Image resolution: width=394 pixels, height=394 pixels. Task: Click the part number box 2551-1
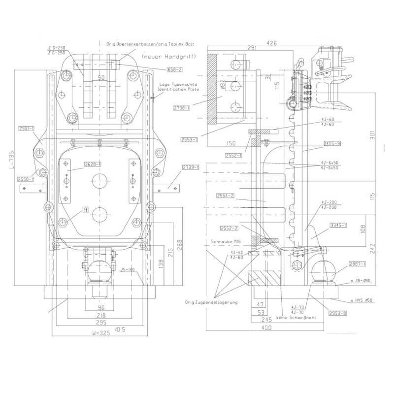(x=25, y=129)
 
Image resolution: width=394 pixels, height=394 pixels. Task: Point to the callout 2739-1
(x=190, y=168)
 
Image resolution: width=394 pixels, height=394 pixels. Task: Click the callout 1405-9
(x=333, y=144)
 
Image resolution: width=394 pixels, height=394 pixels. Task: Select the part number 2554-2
(x=225, y=197)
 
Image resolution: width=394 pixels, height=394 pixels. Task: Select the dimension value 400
(x=266, y=327)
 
